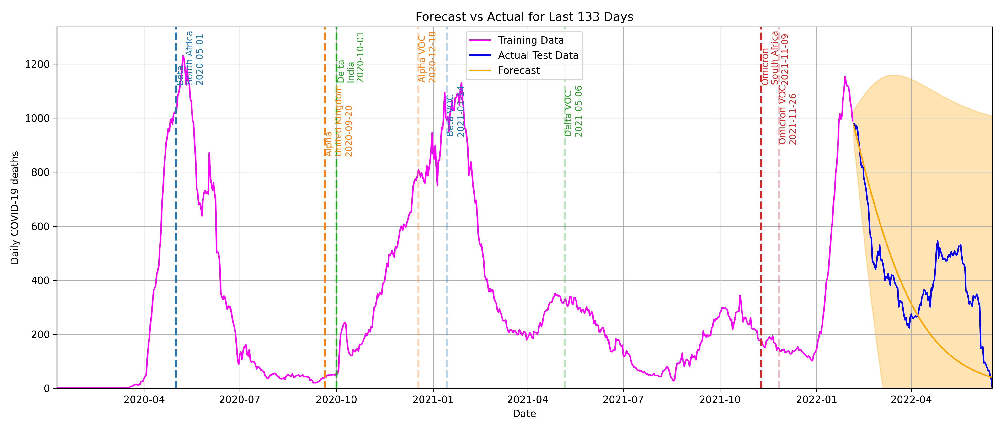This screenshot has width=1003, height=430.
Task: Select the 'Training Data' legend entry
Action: click(530, 41)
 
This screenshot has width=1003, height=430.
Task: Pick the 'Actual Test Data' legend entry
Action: click(538, 56)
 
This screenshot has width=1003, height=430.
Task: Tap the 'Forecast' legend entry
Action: click(519, 70)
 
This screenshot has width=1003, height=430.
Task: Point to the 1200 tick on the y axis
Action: click(37, 64)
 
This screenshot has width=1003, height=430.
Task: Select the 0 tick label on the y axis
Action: click(47, 388)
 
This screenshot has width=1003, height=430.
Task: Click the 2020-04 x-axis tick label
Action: click(144, 400)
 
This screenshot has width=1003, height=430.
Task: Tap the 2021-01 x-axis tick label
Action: click(433, 400)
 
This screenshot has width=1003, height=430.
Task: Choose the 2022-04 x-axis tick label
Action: click(911, 400)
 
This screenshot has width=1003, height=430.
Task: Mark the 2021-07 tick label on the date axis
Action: click(623, 400)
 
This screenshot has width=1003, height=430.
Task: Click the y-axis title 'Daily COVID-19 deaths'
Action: click(15, 208)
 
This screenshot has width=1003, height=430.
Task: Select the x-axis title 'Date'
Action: click(524, 414)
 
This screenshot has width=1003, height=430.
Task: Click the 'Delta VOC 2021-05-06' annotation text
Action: click(573, 111)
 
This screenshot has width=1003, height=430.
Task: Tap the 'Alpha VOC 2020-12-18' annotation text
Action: click(427, 57)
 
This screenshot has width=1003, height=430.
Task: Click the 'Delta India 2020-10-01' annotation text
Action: click(350, 57)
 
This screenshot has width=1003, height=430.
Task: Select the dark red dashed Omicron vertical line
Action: click(761, 234)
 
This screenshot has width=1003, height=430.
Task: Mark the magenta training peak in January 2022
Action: click(845, 77)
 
